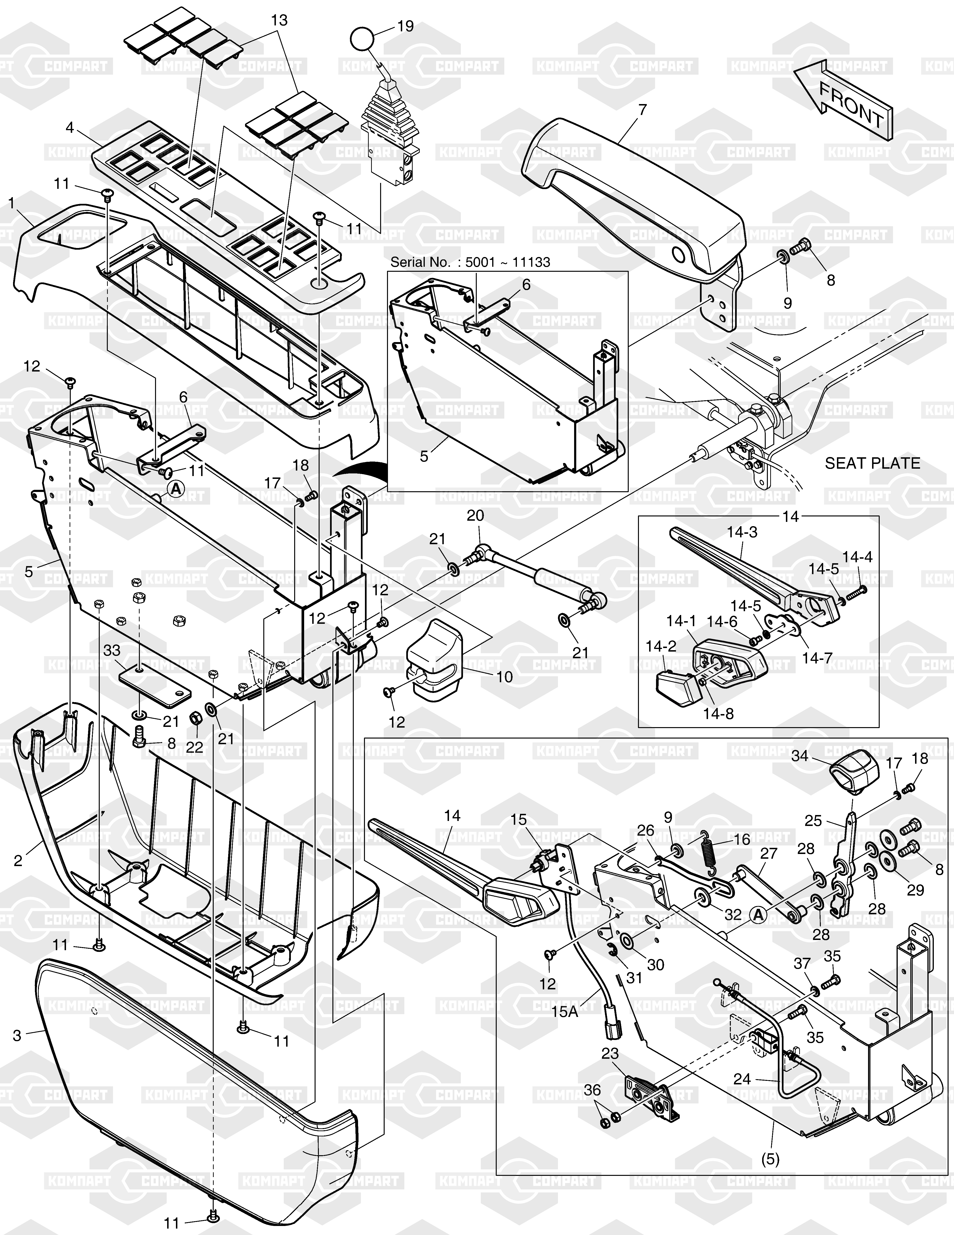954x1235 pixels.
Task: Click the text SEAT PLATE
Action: [x=872, y=463]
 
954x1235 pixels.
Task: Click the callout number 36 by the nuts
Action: [x=592, y=1090]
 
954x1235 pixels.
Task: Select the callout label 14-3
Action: [x=742, y=532]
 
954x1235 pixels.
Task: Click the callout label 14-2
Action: [x=661, y=646]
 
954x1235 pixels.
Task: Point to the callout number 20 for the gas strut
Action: [x=475, y=516]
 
